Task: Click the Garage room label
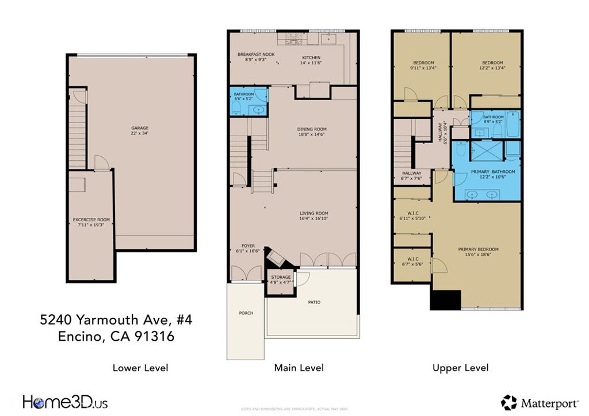coord(140,128)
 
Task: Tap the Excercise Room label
coord(91,219)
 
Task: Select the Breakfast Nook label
coord(256,55)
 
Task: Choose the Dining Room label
coord(312,129)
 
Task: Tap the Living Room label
coord(313,213)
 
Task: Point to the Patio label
coord(313,302)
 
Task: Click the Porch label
coord(246,313)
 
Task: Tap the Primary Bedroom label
coord(478,249)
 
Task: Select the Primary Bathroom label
coord(493,172)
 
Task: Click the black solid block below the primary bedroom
coord(446,299)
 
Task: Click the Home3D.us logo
coord(65,402)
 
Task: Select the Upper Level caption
coord(460,368)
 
